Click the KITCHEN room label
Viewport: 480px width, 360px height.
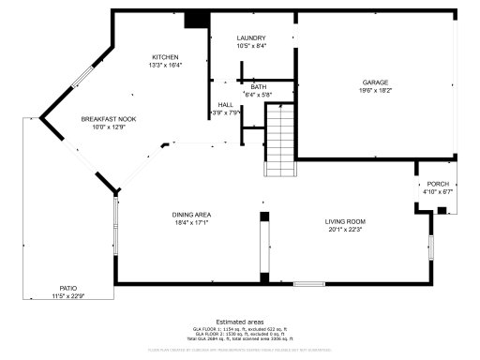point(165,56)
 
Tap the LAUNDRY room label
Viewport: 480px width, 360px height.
point(251,37)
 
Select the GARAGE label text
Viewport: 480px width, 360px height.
point(375,82)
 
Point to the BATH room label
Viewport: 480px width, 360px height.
point(258,86)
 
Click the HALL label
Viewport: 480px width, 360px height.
point(226,104)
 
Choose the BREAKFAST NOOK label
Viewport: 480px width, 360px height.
point(109,119)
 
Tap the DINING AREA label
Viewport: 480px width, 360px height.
point(190,215)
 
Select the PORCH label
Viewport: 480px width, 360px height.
point(438,184)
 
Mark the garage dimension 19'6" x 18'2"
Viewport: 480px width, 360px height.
point(375,91)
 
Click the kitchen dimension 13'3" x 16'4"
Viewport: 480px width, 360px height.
point(165,65)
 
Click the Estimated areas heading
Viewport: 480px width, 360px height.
point(240,321)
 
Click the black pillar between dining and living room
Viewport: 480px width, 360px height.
point(264,217)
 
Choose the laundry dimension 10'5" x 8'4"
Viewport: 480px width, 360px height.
point(251,46)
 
